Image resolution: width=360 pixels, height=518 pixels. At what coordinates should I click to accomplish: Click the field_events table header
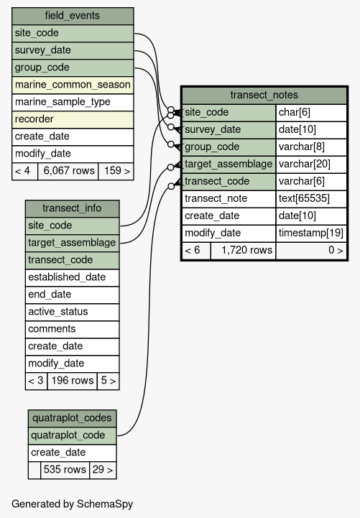click(73, 16)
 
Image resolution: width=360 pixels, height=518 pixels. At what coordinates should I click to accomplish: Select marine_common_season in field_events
click(73, 85)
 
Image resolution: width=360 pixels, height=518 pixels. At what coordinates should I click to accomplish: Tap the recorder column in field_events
click(73, 119)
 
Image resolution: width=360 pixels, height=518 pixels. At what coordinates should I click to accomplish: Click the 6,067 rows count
click(68, 171)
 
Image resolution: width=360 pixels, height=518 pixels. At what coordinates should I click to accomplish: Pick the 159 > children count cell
click(116, 171)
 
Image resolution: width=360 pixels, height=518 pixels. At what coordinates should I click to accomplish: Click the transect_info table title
click(72, 208)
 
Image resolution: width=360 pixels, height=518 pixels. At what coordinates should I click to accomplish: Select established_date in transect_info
click(72, 277)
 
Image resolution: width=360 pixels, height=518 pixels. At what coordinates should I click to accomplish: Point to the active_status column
click(72, 312)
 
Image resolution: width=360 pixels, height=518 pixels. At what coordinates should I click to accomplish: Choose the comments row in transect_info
click(72, 329)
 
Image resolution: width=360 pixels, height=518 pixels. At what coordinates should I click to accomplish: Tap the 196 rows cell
click(72, 381)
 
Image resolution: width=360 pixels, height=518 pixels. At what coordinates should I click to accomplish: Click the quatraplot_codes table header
click(72, 418)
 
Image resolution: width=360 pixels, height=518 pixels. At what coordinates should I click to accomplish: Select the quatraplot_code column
click(72, 435)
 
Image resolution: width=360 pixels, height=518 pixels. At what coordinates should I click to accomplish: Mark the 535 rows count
click(65, 470)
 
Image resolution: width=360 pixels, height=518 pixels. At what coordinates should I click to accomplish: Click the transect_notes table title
click(264, 95)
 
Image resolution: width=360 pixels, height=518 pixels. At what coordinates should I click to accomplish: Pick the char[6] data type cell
click(311, 113)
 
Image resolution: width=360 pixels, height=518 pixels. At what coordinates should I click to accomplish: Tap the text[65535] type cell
click(311, 198)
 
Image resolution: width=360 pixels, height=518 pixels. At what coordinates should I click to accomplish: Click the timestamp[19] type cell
click(311, 233)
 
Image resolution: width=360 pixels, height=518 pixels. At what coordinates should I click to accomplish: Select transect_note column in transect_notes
click(229, 198)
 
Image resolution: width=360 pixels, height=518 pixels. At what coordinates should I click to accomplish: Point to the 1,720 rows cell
click(243, 251)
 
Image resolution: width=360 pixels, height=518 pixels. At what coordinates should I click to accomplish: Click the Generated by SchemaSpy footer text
click(72, 504)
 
